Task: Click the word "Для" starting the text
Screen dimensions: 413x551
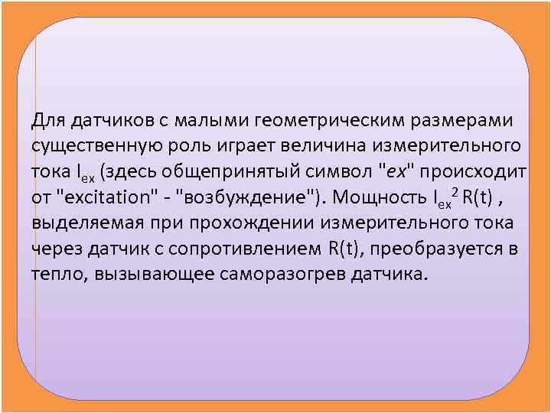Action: (48, 120)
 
